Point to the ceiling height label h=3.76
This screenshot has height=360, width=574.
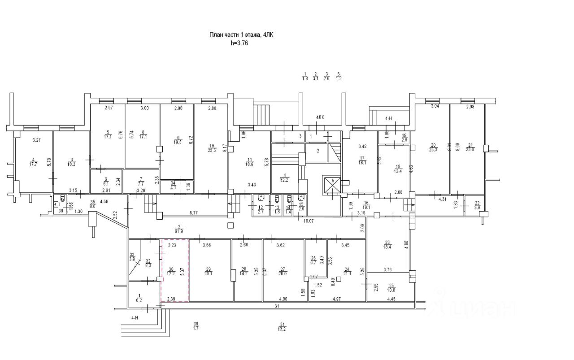(239, 43)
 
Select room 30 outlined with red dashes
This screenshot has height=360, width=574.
(174, 270)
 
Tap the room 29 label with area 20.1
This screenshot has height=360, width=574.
(208, 271)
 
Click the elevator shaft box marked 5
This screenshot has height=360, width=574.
(332, 185)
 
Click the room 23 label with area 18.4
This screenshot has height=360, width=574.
(387, 244)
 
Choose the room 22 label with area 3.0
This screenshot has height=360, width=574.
(477, 205)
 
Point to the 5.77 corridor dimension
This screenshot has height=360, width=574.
(193, 213)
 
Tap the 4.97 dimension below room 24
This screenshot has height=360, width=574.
(339, 299)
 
